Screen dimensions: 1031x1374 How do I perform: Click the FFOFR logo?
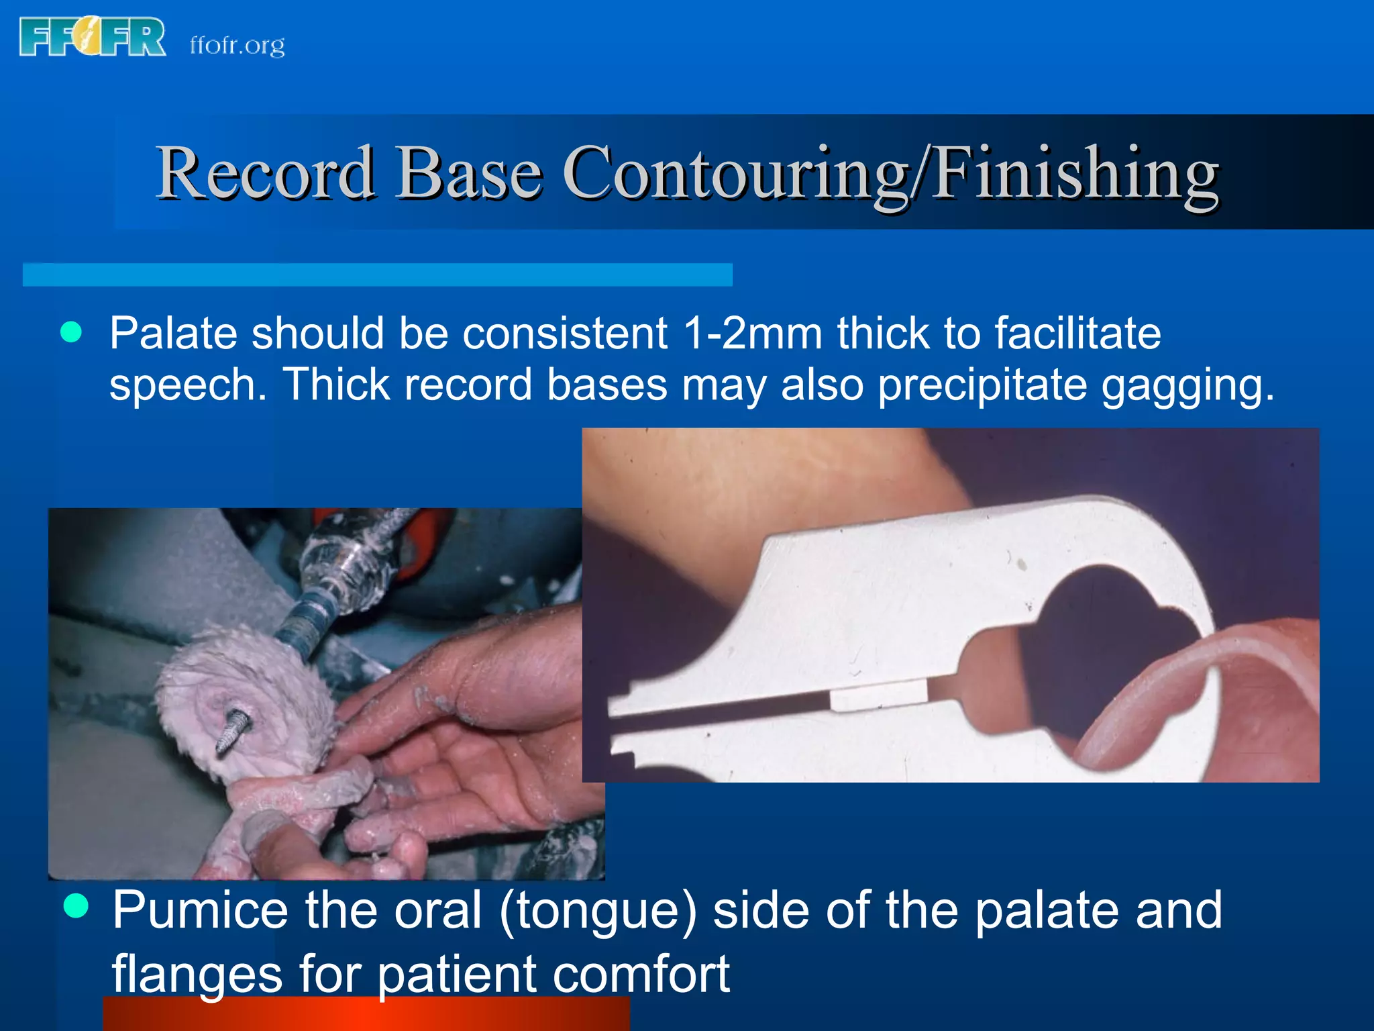click(x=93, y=37)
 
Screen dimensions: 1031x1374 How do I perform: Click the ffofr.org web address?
click(x=237, y=46)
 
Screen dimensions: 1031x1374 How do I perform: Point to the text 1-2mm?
click(x=752, y=334)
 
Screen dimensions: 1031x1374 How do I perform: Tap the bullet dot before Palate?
click(x=71, y=332)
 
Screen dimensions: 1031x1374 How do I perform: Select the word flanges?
click(x=197, y=974)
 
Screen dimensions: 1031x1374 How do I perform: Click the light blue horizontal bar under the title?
click(x=377, y=275)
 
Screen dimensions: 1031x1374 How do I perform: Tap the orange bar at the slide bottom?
click(x=366, y=1015)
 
